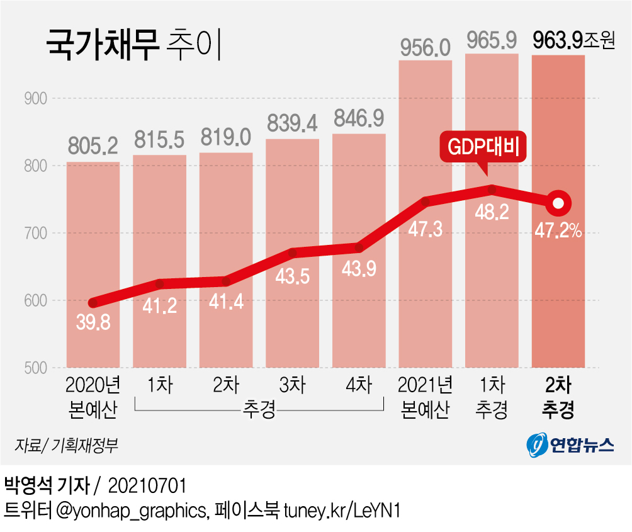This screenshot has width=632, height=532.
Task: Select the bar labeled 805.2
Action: point(93,264)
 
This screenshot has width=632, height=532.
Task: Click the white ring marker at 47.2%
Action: point(558,203)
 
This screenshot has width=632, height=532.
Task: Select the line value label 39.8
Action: point(93,324)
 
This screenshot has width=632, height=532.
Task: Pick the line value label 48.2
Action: point(492,213)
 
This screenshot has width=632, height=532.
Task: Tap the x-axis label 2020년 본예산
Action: point(93,397)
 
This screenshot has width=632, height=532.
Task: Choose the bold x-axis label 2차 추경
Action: point(558,397)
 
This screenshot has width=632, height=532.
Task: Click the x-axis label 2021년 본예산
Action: point(426,397)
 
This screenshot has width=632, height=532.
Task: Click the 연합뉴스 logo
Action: point(570,446)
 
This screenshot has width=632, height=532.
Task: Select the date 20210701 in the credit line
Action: point(148,485)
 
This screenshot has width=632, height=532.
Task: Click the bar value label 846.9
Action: point(359,118)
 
